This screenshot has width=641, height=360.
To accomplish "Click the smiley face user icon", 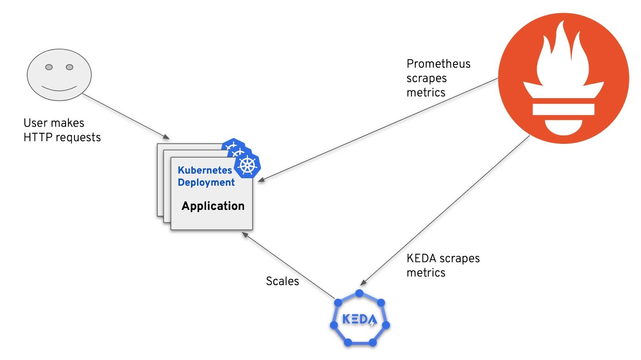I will click(x=59, y=74).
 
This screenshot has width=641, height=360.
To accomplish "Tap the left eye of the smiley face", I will click(x=49, y=67).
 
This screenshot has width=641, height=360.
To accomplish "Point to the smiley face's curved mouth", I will click(x=59, y=88).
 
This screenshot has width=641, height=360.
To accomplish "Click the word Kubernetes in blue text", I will click(x=205, y=170).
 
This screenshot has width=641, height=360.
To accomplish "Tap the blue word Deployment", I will click(x=206, y=183).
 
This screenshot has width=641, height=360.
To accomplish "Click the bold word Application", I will click(x=213, y=206).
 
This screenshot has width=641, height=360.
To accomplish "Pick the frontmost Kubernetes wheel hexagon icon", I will click(x=247, y=165).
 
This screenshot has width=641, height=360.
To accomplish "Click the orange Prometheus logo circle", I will click(x=563, y=78).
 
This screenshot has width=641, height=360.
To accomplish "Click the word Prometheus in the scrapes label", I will click(x=438, y=64).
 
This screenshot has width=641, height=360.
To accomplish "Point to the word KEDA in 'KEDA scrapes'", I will click(x=421, y=259).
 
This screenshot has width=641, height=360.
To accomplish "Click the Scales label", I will click(x=282, y=281).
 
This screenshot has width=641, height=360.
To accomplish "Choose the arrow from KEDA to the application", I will click(x=288, y=265).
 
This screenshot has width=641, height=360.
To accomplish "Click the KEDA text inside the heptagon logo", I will click(x=359, y=320).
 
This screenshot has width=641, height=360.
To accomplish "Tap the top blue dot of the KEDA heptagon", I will click(x=359, y=294).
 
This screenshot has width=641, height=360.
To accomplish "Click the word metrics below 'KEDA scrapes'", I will click(x=426, y=273).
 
